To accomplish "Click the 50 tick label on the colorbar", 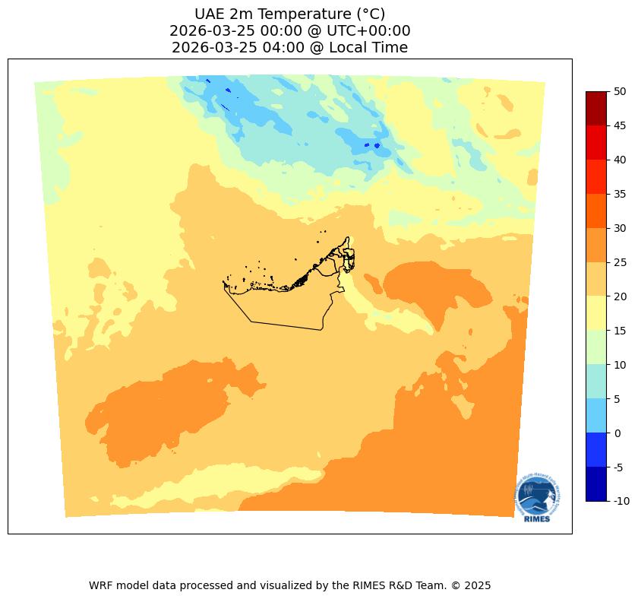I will point(621,91).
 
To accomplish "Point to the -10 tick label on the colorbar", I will point(622,501).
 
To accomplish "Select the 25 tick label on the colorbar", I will point(621,262).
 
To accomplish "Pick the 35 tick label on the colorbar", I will point(621,194).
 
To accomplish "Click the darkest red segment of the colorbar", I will point(595,108).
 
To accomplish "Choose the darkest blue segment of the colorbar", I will point(595,484).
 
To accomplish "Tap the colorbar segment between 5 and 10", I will point(595,382).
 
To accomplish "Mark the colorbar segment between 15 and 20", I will point(595,313).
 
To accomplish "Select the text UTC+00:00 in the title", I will point(367,31).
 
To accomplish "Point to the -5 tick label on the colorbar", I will point(621,467).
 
